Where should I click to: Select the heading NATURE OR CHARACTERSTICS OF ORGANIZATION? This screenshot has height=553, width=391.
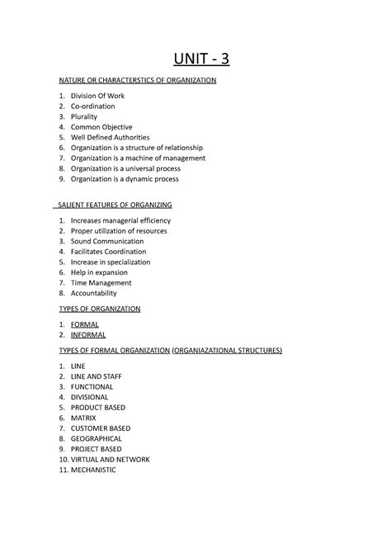tap(137, 81)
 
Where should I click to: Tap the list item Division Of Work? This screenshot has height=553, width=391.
tap(97, 96)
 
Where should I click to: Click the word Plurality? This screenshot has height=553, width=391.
tap(84, 116)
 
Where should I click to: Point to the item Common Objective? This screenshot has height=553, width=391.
tap(101, 127)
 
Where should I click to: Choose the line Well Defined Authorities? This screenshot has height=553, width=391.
tap(110, 137)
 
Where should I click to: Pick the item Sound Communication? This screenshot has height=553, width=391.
tap(107, 241)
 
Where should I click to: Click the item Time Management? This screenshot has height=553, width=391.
tap(101, 282)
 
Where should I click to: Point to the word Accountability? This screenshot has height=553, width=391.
tap(94, 293)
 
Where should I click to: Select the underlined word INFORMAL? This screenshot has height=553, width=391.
tap(88, 335)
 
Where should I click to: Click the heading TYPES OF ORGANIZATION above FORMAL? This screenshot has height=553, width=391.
tap(100, 309)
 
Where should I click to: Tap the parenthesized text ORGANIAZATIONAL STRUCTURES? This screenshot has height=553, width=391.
tap(227, 351)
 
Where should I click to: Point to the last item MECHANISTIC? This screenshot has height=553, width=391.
tap(94, 470)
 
